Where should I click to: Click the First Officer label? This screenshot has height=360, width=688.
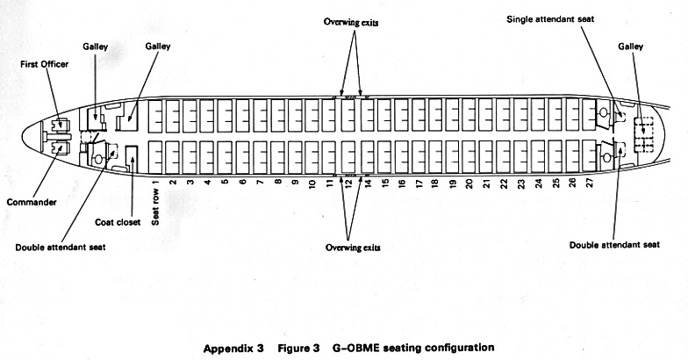coord(44,63)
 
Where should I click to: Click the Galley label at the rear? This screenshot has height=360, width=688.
coord(631,46)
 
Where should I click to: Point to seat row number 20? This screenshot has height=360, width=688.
coord(469,184)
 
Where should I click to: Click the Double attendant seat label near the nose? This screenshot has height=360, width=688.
coord(60,248)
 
